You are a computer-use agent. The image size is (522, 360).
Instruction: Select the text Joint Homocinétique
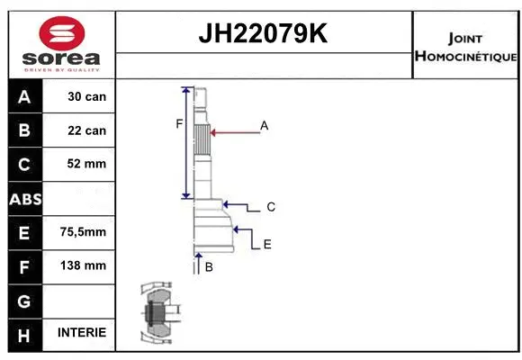pyautogui.click(x=464, y=47)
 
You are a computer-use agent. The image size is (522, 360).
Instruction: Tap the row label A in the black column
pyautogui.click(x=24, y=96)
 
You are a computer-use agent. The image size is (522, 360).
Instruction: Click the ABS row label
pyautogui.click(x=24, y=198)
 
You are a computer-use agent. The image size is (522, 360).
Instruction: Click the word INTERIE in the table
pyautogui.click(x=81, y=333)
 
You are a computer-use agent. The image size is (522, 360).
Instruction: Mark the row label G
pyautogui.click(x=24, y=300)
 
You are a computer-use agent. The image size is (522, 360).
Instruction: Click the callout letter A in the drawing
pyautogui.click(x=265, y=126)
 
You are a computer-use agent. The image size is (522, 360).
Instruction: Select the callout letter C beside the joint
pyautogui.click(x=271, y=207)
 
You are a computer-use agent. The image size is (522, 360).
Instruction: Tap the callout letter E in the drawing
pyautogui.click(x=267, y=244)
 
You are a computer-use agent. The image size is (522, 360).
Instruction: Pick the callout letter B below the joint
pyautogui.click(x=209, y=267)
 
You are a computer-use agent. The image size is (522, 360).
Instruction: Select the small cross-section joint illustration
pyautogui.click(x=157, y=314)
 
